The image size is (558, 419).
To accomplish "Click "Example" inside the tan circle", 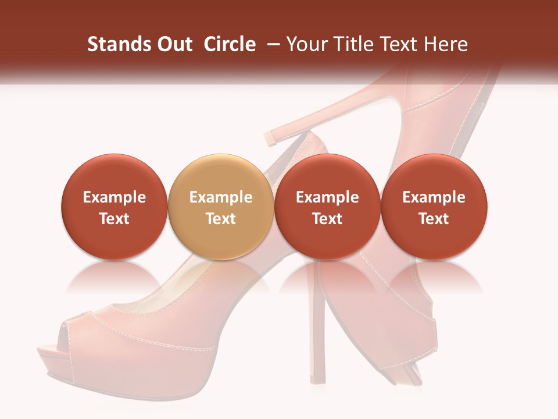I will pos(221,197).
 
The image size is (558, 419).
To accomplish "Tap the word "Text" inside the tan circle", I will pos(221,219).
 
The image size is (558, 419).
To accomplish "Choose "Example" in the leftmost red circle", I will pos(115,197).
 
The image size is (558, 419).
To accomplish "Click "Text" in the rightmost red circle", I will pos(434,219).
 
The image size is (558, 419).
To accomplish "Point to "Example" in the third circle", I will pos(327,197).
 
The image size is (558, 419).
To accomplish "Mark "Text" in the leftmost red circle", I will pos(115,219).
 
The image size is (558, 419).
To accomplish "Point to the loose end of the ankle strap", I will pos(271,138).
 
